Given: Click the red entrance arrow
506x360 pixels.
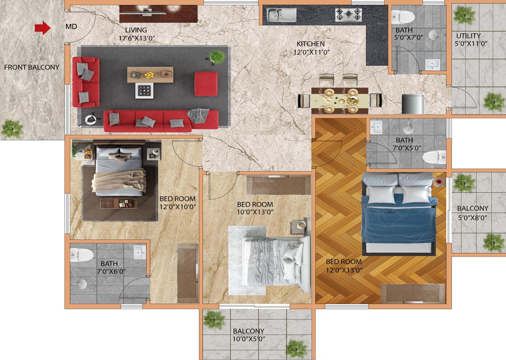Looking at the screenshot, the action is coord(43,28).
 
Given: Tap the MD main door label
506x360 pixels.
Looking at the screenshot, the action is coord(71,27).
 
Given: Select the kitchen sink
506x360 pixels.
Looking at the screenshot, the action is coord(281,15).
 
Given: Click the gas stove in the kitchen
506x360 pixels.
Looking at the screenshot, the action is coord(348,14).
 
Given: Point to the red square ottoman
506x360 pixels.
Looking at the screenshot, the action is coord(206,84).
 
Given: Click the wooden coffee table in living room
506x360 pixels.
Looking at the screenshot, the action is coord(150,75).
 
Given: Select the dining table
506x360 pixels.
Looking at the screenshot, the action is coord(340,100).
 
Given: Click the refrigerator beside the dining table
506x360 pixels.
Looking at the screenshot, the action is coord(413,104).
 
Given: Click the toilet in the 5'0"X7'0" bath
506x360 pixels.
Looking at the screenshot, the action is coord(403,17).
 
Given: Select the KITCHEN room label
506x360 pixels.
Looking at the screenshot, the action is coord(311,44).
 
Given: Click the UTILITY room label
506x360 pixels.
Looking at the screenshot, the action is coord(468,35).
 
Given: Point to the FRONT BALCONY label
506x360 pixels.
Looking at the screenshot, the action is coord(31,67).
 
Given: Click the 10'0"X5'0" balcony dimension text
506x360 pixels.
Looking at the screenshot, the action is coord(249,339).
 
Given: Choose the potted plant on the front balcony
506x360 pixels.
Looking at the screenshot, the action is coord(12,129).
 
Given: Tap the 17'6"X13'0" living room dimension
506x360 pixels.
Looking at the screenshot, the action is coord(137,38).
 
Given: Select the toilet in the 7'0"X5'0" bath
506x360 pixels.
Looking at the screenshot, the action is coord(434,157).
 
